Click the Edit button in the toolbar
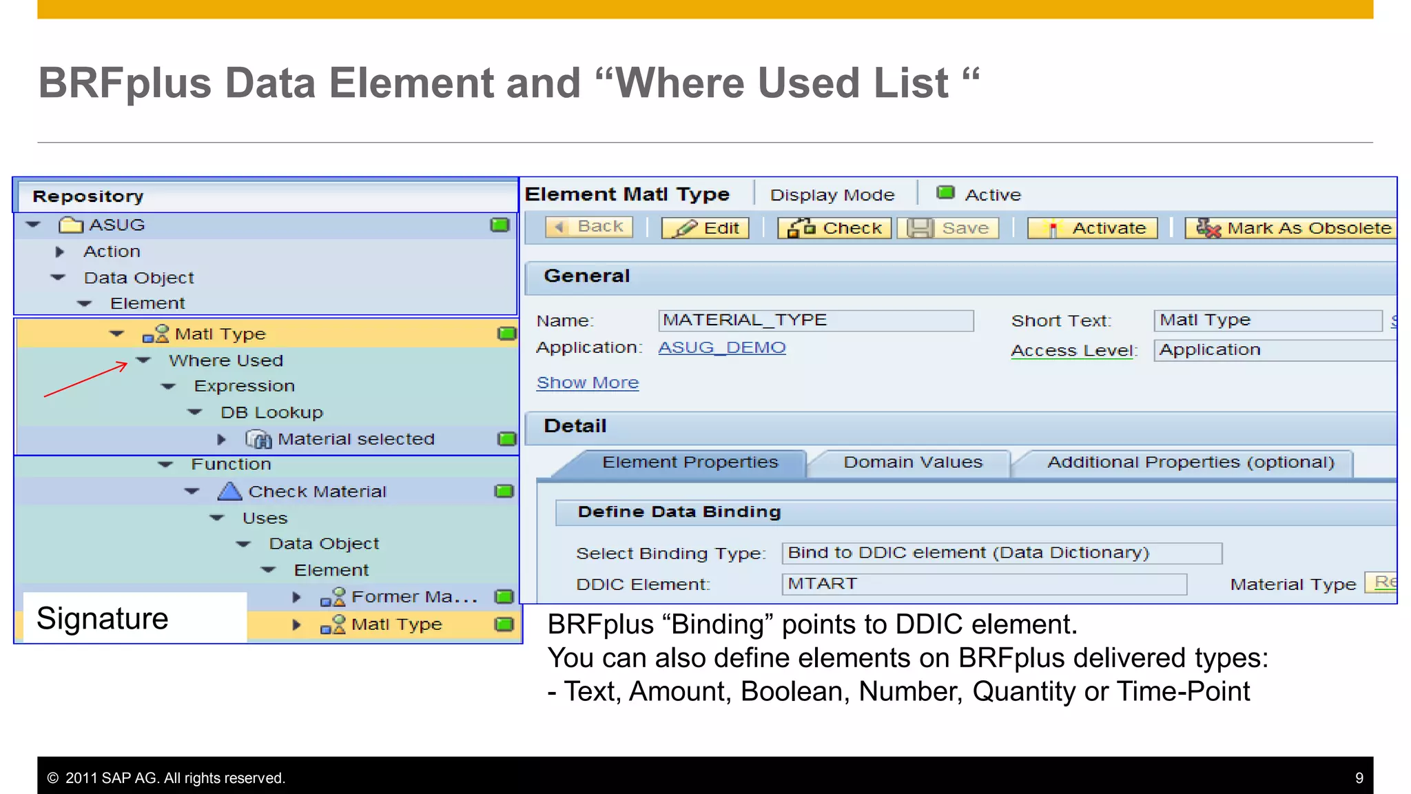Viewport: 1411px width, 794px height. [x=705, y=228]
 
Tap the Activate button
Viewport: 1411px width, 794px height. [x=1092, y=228]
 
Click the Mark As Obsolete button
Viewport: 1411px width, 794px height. [x=1292, y=228]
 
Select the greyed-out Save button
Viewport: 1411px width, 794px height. [x=948, y=228]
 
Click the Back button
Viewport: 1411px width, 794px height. [x=589, y=227]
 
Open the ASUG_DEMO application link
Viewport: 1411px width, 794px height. [x=721, y=348]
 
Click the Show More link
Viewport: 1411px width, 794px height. [x=588, y=383]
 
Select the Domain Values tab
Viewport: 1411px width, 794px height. [x=912, y=462]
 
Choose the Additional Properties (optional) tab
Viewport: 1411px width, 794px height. [x=1190, y=462]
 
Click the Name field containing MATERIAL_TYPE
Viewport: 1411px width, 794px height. [x=815, y=320]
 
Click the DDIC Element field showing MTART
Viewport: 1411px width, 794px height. [x=983, y=584]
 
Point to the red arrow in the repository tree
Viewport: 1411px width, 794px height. [x=86, y=380]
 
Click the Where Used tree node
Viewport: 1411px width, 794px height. [x=225, y=360]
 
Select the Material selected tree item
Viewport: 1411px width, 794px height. [x=356, y=440]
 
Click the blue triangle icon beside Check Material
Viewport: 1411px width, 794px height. [x=229, y=491]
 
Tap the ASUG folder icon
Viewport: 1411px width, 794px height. [x=70, y=225]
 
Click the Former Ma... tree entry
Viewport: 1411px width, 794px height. [x=413, y=597]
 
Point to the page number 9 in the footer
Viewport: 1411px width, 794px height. [x=1359, y=778]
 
